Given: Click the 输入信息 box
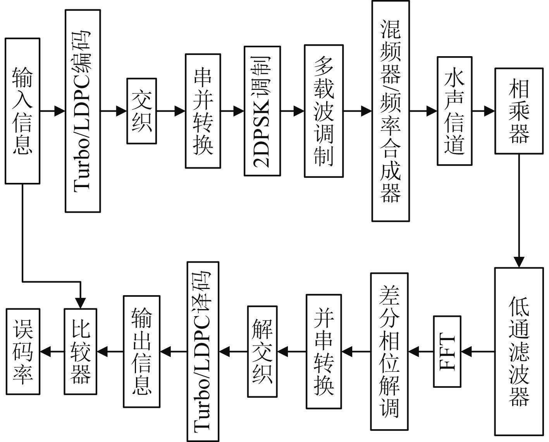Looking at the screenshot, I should click(22, 111).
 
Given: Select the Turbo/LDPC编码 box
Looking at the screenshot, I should click(83, 111).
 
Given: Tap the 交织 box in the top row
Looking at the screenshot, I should click(142, 111).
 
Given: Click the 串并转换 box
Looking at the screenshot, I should click(203, 111).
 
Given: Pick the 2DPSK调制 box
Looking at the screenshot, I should click(262, 111).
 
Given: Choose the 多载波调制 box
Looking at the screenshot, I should click(324, 111).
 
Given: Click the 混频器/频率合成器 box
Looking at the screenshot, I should click(391, 111).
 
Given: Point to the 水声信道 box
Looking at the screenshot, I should click(454, 111).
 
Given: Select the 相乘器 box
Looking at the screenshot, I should click(519, 111).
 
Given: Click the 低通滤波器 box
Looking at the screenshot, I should click(519, 351).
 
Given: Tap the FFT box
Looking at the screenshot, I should click(447, 352).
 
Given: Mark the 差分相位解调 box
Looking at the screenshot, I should click(389, 352).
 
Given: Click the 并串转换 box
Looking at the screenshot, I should click(324, 352).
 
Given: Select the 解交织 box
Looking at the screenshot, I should click(262, 352).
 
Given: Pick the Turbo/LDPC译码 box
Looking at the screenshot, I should click(203, 352).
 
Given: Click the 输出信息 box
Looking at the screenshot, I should click(141, 352).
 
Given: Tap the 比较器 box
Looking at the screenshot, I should click(81, 352).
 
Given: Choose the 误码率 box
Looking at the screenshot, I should click(23, 352).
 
